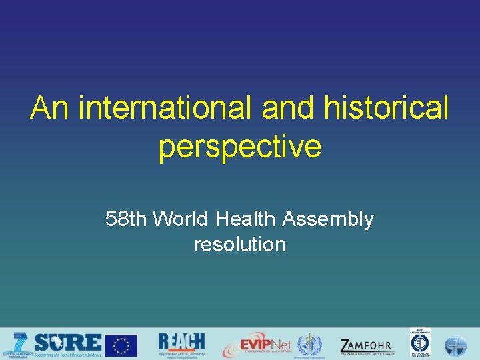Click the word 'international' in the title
pyautogui.click(x=165, y=108)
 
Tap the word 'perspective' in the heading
pyautogui.click(x=240, y=147)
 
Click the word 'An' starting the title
pyautogui.click(x=50, y=108)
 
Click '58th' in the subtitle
pyautogui.click(x=127, y=219)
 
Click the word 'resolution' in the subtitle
pyautogui.click(x=240, y=244)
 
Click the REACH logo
pyautogui.click(x=181, y=342)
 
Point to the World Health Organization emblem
pyautogui.click(x=309, y=345)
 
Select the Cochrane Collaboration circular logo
pyautogui.click(x=420, y=344)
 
